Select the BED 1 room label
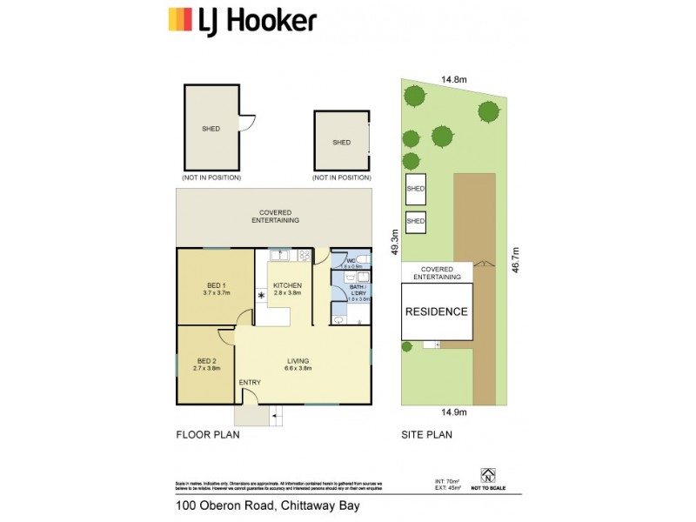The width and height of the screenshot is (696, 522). pos(216,285)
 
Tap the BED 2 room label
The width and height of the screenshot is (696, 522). pos(205,360)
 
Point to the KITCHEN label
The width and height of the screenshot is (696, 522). pos(287,285)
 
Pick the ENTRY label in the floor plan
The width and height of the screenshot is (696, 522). pos(250,382)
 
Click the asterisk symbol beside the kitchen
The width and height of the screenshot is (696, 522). pos(261,296)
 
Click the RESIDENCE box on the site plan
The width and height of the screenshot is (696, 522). pos(438,311)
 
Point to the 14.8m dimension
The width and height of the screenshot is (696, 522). pos(454,79)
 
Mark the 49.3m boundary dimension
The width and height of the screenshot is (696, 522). pos(394,244)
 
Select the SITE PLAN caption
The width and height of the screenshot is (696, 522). pos(426,433)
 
